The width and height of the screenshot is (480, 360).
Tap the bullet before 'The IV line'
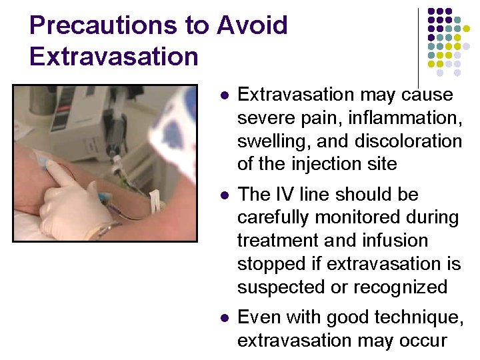[x=223, y=195]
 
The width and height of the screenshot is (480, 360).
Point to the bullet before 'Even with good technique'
[x=223, y=318]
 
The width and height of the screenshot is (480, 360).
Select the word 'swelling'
[x=273, y=141]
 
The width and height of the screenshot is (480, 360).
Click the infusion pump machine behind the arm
[x=80, y=113]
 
